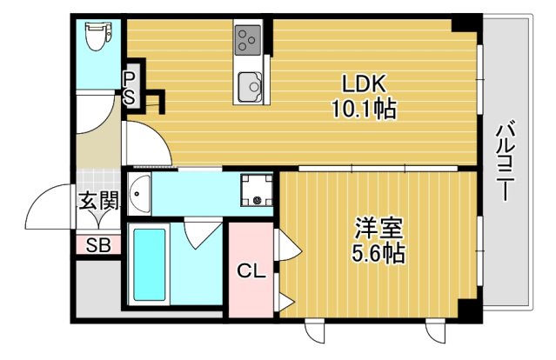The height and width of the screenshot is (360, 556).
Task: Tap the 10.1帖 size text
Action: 363,110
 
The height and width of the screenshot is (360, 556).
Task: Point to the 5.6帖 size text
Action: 379,254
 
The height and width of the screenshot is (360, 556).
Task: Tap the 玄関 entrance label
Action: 98,201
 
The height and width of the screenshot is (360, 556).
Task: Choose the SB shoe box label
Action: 97,245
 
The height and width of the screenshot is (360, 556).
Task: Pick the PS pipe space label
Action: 128,88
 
